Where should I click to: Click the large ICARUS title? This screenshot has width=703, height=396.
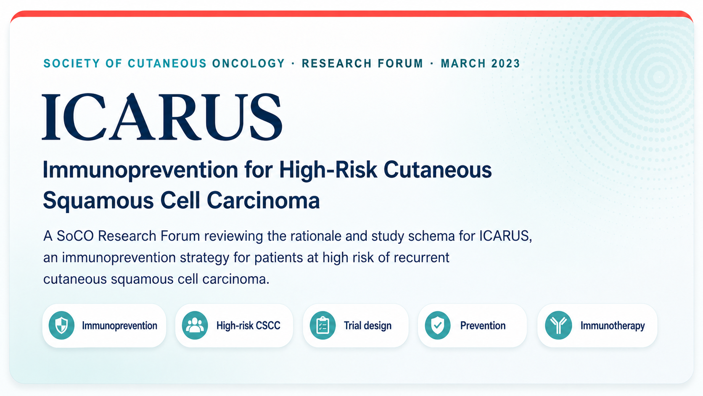click(x=162, y=117)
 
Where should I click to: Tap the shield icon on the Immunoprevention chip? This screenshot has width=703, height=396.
click(x=61, y=325)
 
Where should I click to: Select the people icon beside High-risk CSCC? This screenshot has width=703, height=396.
click(x=195, y=325)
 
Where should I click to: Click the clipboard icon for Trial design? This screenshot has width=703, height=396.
click(x=322, y=325)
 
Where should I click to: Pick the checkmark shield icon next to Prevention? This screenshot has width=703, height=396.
click(x=438, y=325)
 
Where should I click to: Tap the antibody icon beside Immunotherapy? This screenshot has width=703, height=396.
click(x=558, y=325)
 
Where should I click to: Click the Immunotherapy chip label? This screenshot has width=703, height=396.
click(x=613, y=326)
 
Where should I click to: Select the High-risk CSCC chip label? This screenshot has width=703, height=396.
click(x=248, y=326)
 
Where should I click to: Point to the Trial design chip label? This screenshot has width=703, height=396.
click(x=367, y=326)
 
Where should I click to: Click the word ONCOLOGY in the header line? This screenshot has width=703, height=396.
click(x=248, y=64)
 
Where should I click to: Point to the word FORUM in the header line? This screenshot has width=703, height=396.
click(x=400, y=64)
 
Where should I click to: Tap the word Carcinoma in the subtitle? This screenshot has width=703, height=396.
click(x=263, y=200)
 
